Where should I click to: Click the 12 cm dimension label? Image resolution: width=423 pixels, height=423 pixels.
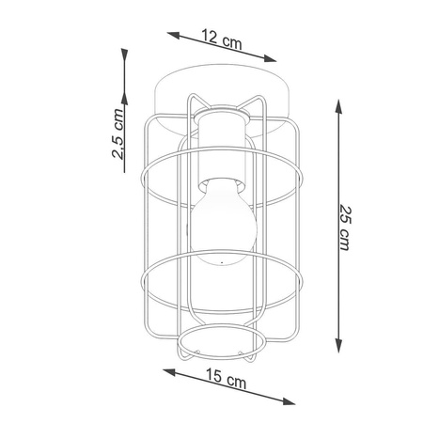[222, 39]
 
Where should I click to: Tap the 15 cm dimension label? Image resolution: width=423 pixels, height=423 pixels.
[226, 378]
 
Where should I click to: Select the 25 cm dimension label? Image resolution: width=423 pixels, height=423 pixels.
[345, 227]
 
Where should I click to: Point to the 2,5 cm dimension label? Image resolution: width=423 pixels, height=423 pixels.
[117, 133]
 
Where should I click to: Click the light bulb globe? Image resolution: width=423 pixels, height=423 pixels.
[224, 222]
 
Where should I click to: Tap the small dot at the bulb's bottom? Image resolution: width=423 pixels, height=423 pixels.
[222, 262]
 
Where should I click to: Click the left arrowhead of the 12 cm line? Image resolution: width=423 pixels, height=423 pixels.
[173, 35]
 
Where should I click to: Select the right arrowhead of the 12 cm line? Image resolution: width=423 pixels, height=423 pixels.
[270, 58]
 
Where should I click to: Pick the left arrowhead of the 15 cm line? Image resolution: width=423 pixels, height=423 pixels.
[169, 373]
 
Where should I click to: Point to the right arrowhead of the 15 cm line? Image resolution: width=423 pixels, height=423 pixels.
[289, 400]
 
